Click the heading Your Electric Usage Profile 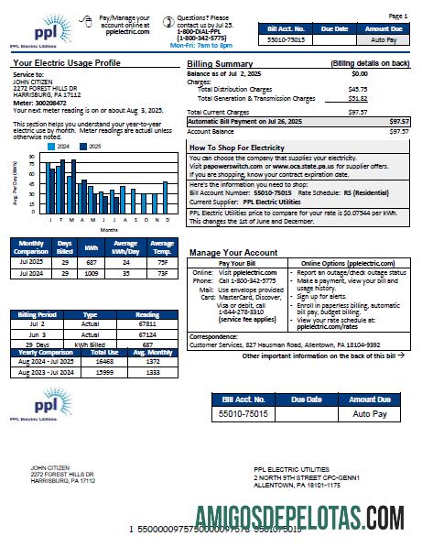tap(67, 63)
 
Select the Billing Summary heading tap(221, 63)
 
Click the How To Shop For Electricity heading tap(237, 148)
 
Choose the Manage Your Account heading tap(233, 251)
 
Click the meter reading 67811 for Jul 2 tap(146, 324)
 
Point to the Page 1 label tap(398, 16)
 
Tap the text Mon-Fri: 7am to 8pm tap(201, 45)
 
